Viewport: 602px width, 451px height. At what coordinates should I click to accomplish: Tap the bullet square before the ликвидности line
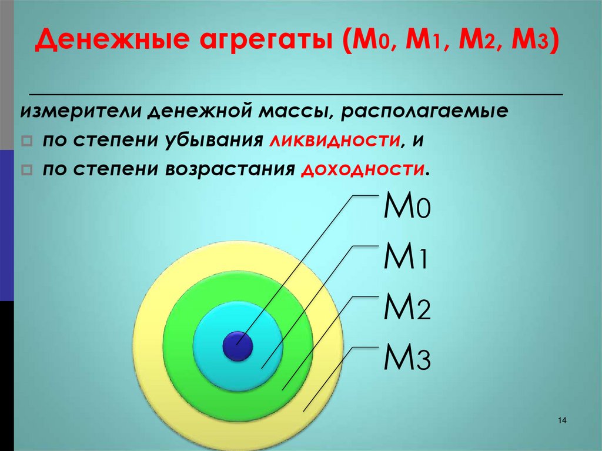(x=26, y=142)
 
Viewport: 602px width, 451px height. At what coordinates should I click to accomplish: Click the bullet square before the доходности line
(x=26, y=171)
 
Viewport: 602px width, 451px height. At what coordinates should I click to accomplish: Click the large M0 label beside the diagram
(x=407, y=208)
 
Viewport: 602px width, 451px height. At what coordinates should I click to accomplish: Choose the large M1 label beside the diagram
(x=406, y=258)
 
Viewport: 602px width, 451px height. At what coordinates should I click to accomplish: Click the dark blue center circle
(x=238, y=346)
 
